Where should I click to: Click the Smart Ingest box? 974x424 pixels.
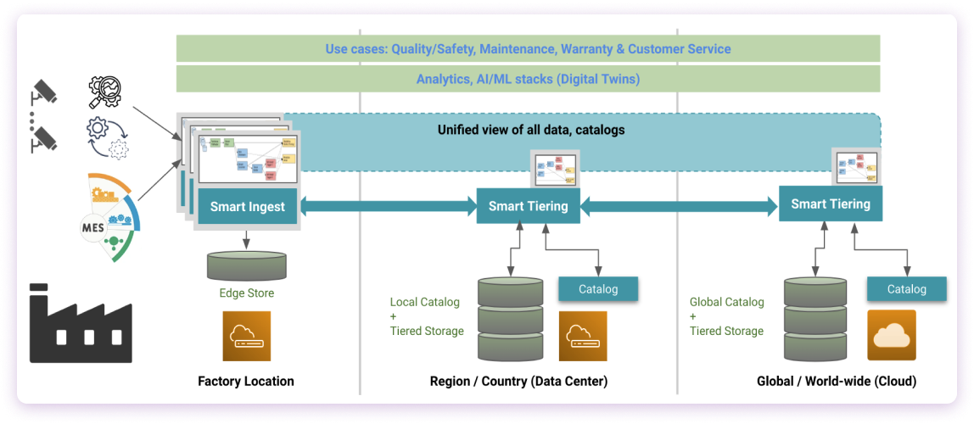pyautogui.click(x=246, y=206)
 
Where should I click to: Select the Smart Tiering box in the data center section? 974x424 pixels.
pyautogui.click(x=528, y=205)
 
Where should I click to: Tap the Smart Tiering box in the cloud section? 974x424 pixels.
pyautogui.click(x=830, y=204)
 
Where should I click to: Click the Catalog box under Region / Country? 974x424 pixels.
pyautogui.click(x=597, y=289)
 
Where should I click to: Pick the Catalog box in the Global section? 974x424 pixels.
pyautogui.click(x=906, y=289)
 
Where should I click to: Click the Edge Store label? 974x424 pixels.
pyautogui.click(x=245, y=293)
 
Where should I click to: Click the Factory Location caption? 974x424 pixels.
pyautogui.click(x=245, y=382)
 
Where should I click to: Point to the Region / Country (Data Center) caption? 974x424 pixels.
pyautogui.click(x=518, y=382)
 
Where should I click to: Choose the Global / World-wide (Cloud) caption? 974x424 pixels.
pyautogui.click(x=836, y=382)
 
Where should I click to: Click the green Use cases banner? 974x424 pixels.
pyautogui.click(x=528, y=48)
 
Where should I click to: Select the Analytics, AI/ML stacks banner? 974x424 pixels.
pyautogui.click(x=528, y=79)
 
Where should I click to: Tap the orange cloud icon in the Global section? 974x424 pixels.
pyautogui.click(x=892, y=335)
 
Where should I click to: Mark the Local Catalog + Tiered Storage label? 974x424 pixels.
pyautogui.click(x=427, y=316)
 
